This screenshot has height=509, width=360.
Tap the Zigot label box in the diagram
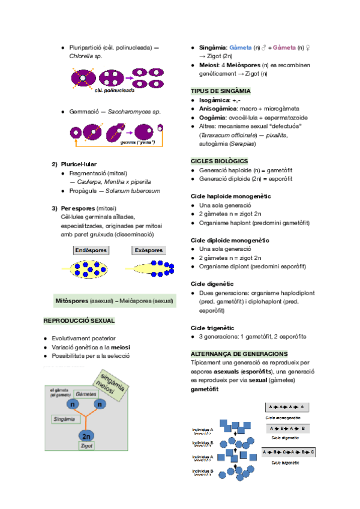[x=86, y=447]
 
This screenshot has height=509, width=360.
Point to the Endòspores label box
[x=91, y=250]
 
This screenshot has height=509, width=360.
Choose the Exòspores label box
[x=148, y=250]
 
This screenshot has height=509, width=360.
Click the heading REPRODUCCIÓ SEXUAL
[x=79, y=321]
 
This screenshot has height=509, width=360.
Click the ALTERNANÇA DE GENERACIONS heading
[x=239, y=354]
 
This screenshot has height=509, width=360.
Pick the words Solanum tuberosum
[x=133, y=191]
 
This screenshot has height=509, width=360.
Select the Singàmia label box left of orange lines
[x=64, y=419]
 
